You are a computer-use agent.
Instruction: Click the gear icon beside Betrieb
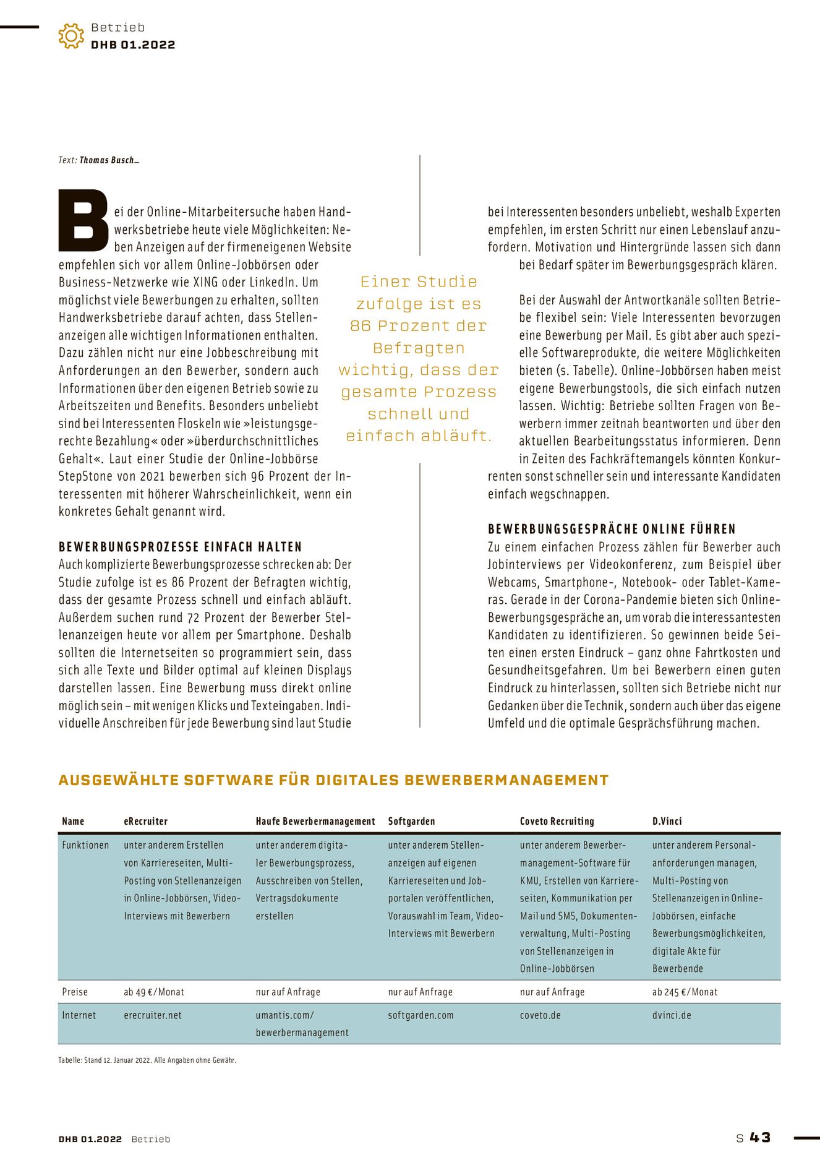pos(71,36)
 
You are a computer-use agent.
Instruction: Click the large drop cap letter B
pos(83,221)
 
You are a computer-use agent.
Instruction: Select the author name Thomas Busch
pos(107,160)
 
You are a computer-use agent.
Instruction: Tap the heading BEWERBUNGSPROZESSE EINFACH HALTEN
pos(180,547)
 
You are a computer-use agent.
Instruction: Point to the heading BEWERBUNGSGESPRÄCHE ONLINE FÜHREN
pos(612,529)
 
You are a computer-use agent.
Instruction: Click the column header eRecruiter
pos(145,821)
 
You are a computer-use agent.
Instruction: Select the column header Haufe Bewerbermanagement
pos(315,821)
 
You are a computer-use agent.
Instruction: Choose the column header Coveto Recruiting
pos(557,821)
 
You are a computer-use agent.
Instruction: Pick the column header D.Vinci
pos(667,821)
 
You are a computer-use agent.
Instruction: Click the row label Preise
pos(75,992)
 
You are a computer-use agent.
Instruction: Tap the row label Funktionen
pos(85,845)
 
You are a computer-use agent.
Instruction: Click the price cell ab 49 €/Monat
pos(154,992)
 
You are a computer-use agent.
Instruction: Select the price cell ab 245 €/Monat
pos(685,992)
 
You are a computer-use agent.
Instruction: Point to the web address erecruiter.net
pos(153,1015)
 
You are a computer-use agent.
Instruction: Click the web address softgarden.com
pos(421,1015)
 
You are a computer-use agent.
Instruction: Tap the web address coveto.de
pos(540,1015)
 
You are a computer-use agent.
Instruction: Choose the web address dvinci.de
pos(672,1015)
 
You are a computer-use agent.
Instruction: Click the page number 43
pos(760,1138)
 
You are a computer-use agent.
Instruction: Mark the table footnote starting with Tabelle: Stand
pos(147,1060)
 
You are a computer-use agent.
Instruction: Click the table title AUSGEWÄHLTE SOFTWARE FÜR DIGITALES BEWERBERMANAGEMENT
pos(333,780)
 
